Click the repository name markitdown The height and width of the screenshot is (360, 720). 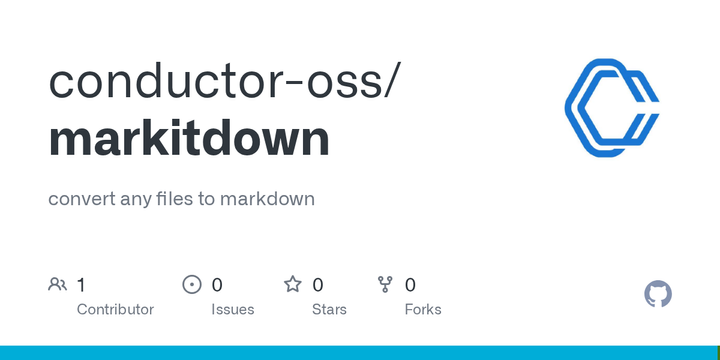[x=189, y=138]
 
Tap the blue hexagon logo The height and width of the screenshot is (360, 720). [x=611, y=108]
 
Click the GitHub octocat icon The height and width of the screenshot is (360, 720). [x=658, y=294]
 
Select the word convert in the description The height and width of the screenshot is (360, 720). [x=79, y=199]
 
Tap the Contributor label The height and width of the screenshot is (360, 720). [x=115, y=309]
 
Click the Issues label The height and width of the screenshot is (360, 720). [x=232, y=309]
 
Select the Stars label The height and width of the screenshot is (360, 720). [x=329, y=309]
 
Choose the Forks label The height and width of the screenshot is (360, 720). [x=423, y=309]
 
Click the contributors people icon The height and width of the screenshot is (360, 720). [x=58, y=285]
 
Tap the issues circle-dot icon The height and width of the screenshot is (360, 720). [x=192, y=285]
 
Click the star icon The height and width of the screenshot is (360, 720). [x=293, y=285]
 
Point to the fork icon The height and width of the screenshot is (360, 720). [x=385, y=285]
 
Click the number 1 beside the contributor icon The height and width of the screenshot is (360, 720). [x=81, y=285]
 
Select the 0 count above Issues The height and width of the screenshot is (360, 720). [x=217, y=285]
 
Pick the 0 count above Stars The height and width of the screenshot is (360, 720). [x=318, y=285]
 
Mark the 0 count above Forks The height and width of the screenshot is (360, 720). [x=410, y=285]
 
